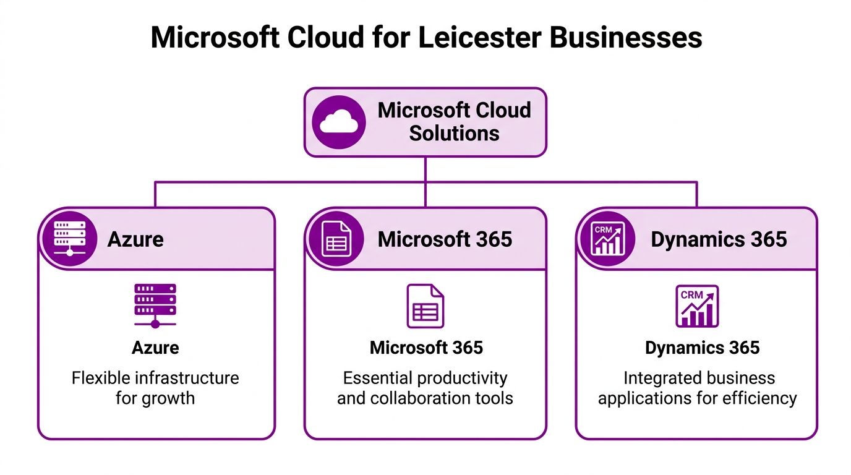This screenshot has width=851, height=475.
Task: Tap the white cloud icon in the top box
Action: [339, 122]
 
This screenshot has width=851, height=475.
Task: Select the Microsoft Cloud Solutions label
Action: [454, 122]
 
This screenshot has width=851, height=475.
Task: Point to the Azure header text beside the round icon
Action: [135, 239]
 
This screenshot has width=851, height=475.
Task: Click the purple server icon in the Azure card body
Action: [155, 306]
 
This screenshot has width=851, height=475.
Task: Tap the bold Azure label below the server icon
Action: [155, 348]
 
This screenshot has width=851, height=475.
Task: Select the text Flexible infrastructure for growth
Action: [155, 387]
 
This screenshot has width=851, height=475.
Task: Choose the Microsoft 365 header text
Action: [445, 239]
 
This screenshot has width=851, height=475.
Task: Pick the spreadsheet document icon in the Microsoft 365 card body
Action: [425, 306]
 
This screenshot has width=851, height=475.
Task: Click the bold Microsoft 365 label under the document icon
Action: [426, 348]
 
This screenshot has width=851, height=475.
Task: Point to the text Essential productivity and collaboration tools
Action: [425, 387]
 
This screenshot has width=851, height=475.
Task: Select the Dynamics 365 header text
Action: [719, 239]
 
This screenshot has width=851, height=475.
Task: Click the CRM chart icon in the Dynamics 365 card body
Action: [697, 306]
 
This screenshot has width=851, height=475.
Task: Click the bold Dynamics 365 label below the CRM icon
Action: [702, 348]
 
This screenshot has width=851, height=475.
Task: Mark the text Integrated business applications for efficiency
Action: [697, 387]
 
